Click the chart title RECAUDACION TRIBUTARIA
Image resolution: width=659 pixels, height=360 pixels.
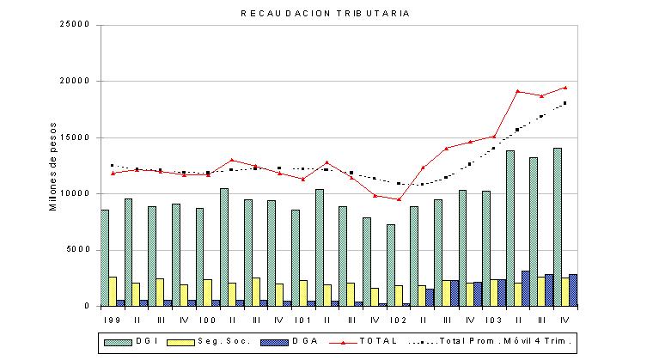tap(326, 14)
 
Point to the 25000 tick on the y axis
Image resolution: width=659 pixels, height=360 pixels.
tap(76, 24)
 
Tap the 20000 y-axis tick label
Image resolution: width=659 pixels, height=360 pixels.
tap(76, 81)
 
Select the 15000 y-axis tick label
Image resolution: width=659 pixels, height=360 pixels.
tap(76, 137)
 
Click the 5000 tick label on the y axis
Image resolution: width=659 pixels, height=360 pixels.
tap(78, 249)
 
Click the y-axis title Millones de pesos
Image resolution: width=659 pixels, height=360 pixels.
tap(53, 167)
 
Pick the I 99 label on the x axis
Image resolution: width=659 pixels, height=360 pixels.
tap(112, 320)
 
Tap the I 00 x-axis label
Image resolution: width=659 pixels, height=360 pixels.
tap(207, 320)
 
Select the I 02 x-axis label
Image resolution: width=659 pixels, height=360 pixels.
tap(398, 320)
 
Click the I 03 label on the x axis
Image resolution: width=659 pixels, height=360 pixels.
tap(493, 320)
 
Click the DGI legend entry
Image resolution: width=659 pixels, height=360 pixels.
tap(131, 341)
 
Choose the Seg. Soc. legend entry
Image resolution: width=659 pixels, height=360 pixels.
tap(209, 341)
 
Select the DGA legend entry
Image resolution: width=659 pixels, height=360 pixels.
tap(290, 341)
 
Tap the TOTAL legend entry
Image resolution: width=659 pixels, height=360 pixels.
tap(363, 341)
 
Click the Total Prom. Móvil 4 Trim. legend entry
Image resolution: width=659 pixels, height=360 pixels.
tap(490, 341)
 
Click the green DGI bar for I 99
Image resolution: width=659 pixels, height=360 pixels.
tap(105, 258)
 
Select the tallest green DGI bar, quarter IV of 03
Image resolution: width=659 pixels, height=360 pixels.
tap(558, 228)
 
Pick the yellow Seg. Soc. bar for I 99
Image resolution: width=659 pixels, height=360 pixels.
tap(113, 291)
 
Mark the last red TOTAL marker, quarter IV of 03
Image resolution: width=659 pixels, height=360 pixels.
tap(565, 88)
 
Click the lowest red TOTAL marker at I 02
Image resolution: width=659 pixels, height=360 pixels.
tap(399, 199)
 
